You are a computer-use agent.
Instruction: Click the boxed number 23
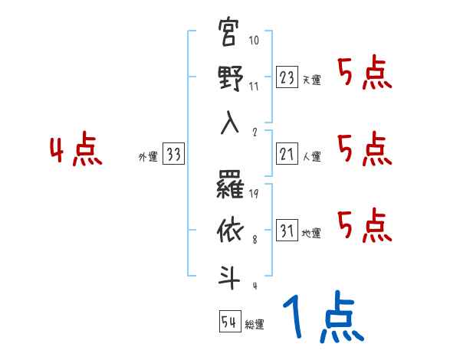pos(286,77)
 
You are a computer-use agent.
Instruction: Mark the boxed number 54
pos(229,322)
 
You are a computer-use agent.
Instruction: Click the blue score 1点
pos(322,319)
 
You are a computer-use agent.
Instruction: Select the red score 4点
pos(74,151)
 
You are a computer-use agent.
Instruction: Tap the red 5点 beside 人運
pos(365,149)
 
